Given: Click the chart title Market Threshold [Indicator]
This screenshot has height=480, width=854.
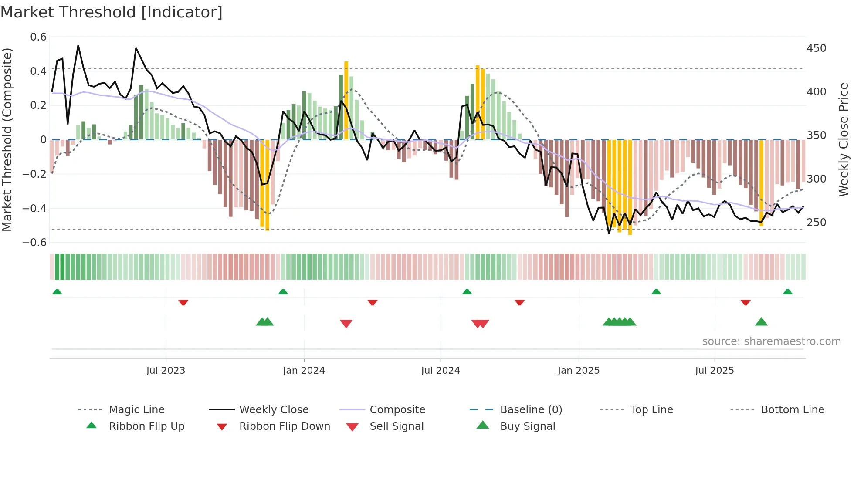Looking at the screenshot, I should [112, 12].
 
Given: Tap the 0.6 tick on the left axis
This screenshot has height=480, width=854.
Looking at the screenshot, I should [38, 37].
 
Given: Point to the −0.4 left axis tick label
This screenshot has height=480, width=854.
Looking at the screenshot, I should [34, 208].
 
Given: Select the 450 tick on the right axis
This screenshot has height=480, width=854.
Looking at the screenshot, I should [816, 48].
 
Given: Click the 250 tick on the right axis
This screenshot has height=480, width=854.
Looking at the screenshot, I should [816, 223].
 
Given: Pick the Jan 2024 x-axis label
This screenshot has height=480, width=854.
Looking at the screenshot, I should [304, 371].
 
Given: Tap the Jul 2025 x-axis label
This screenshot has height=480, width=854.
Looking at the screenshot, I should [714, 371].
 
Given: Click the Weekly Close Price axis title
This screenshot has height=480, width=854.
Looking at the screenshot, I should [844, 139].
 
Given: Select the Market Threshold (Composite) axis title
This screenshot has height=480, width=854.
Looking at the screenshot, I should [7, 139].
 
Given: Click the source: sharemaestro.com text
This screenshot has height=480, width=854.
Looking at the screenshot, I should [771, 341].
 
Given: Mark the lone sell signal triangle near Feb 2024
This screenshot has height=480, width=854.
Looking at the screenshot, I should [346, 324].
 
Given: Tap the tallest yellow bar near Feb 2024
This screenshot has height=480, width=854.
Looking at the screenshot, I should [346, 100].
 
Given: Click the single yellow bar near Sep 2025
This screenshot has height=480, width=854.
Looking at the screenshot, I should [761, 183].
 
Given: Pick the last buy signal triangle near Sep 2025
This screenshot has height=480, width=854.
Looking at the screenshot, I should [761, 322].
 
